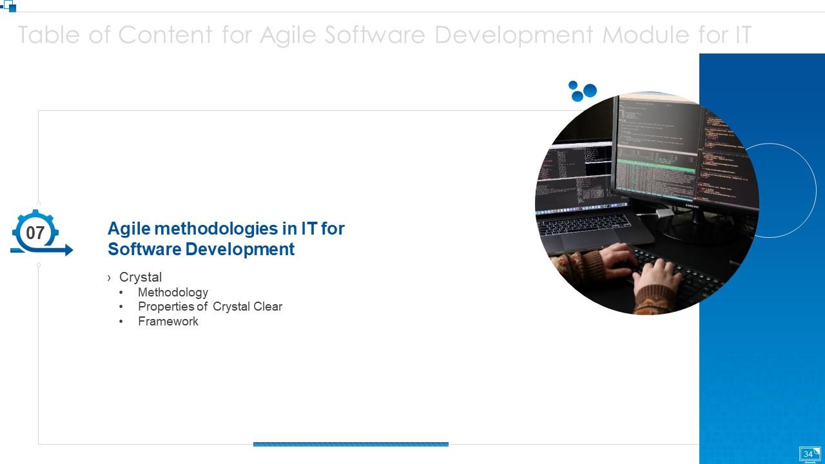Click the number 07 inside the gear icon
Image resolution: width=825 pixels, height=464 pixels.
pos(35,233)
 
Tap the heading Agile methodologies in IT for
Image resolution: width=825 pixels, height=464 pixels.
pos(226,229)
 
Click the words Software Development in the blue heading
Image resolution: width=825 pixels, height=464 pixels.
pos(201,249)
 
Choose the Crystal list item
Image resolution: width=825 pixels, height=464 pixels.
pos(141,277)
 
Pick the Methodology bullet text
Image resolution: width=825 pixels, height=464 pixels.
pos(173,293)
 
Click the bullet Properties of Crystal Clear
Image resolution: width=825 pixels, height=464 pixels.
pos(210,307)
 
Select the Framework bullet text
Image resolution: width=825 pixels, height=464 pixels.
pos(168,322)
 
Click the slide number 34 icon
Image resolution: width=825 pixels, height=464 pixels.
pos(810,454)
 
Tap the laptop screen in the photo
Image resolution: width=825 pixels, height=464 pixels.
pos(574,174)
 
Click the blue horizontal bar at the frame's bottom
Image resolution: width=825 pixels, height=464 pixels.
pos(351,444)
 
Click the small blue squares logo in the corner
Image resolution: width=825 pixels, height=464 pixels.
pos(8,6)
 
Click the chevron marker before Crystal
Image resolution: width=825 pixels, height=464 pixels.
pos(110,278)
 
